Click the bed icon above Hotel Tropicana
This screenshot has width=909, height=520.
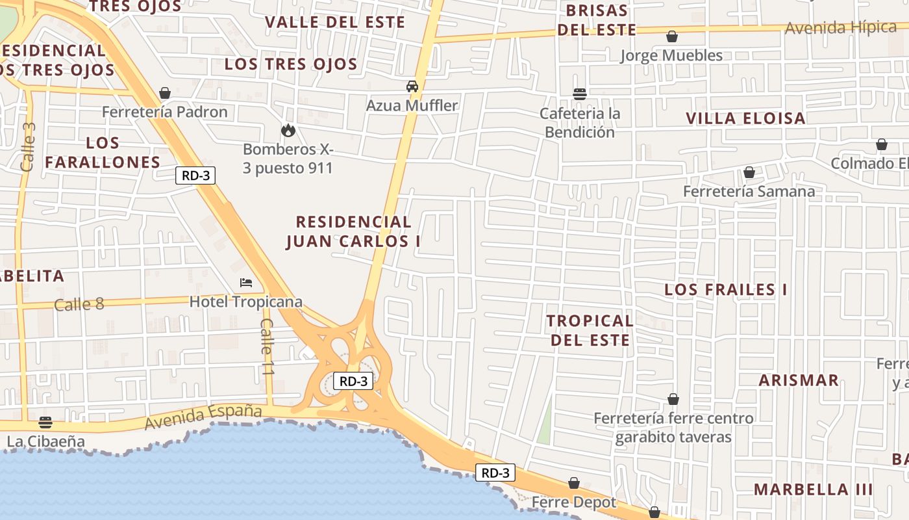tap(246, 282)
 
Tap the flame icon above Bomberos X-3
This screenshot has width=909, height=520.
tap(288, 130)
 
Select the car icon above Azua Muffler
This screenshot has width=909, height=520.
tap(412, 86)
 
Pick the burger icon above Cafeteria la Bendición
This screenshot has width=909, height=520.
tap(580, 94)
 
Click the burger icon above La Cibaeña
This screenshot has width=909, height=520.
tap(45, 422)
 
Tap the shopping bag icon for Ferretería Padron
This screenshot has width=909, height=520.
tap(165, 93)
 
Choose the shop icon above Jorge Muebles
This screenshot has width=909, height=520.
tap(672, 36)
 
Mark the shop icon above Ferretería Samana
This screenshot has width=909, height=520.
tap(749, 172)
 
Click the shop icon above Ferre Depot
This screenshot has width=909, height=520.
tap(574, 483)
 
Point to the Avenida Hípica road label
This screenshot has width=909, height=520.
tap(840, 28)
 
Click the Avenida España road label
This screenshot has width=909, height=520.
tap(203, 417)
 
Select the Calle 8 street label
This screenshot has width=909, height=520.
tap(79, 304)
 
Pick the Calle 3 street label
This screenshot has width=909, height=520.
tap(28, 147)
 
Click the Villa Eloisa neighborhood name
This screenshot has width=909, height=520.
tap(746, 118)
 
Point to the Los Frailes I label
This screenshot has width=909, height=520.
tap(725, 289)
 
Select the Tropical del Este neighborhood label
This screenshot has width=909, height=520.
tap(590, 330)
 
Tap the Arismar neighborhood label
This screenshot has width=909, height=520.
tap(799, 380)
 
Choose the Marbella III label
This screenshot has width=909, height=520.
tap(813, 489)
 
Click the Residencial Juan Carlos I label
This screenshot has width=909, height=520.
tap(353, 231)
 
